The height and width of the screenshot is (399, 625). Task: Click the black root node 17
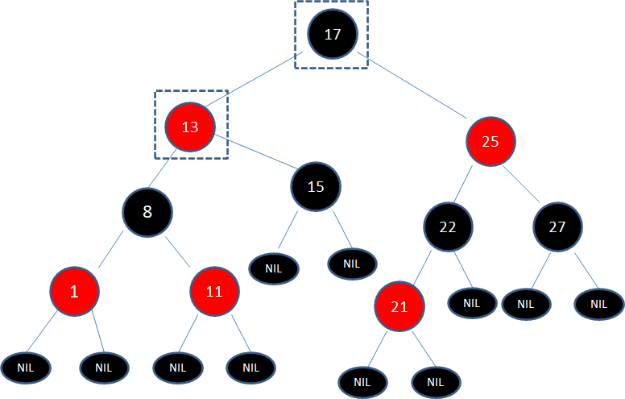click(x=332, y=34)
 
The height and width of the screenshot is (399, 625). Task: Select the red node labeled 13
click(x=190, y=127)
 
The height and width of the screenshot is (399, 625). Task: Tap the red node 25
click(x=490, y=141)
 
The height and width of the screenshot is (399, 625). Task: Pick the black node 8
click(x=147, y=212)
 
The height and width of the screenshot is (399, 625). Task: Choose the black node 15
click(x=316, y=187)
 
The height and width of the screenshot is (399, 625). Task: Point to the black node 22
click(x=448, y=227)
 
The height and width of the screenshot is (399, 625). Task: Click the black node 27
click(x=557, y=227)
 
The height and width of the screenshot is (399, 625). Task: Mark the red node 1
click(x=74, y=291)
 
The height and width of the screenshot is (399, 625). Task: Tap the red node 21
click(x=399, y=307)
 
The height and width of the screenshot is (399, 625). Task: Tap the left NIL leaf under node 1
click(x=26, y=368)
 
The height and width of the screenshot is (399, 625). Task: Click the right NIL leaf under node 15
click(x=353, y=263)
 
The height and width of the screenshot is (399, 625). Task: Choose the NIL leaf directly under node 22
click(x=472, y=304)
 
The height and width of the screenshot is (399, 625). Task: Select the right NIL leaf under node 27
click(x=598, y=304)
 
